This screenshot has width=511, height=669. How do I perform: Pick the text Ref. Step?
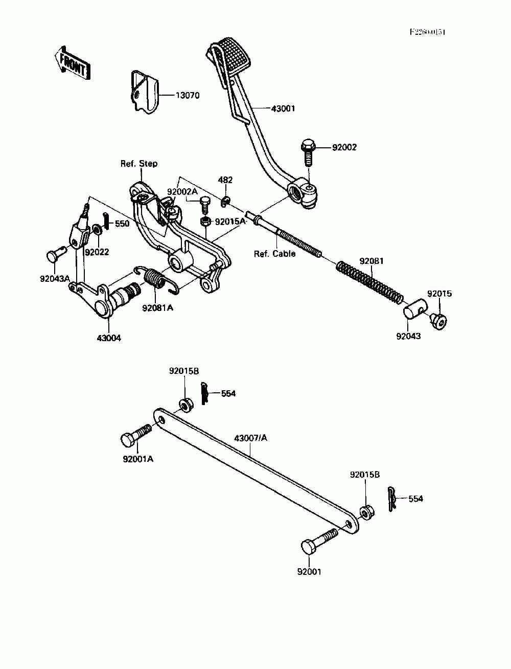click(x=139, y=164)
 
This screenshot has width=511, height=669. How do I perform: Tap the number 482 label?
click(x=225, y=180)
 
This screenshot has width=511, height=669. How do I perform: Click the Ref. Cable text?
click(x=275, y=254)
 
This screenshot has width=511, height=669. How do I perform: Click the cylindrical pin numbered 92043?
click(x=415, y=311)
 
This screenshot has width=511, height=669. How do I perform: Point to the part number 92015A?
click(x=230, y=222)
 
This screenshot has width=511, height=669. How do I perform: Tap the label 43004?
click(x=109, y=338)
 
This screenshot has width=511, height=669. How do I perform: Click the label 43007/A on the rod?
click(x=250, y=438)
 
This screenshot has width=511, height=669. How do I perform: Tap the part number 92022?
click(x=97, y=252)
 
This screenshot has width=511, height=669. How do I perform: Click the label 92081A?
click(x=157, y=308)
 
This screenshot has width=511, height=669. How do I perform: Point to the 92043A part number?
click(x=55, y=279)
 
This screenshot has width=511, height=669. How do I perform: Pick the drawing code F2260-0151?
click(x=427, y=32)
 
